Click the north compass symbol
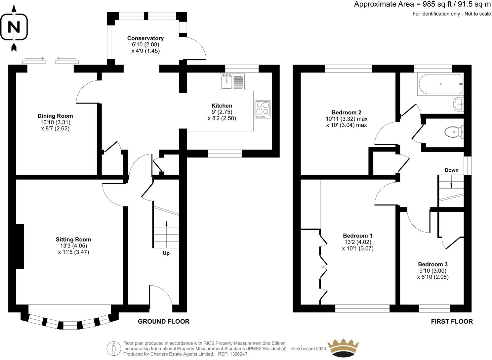tap(14, 27)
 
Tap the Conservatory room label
tap(145, 38)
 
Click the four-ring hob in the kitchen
tap(263, 110)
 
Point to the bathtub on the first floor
tap(440, 84)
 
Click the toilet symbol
tap(454, 132)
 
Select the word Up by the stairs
tap(166, 253)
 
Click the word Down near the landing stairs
tap(451, 170)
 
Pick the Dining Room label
tap(55, 116)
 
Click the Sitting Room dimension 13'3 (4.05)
tap(73, 246)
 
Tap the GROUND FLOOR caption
tap(163, 321)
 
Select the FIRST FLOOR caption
tap(452, 321)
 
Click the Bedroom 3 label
tap(433, 264)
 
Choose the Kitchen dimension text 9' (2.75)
tap(222, 112)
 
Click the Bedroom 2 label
tap(347, 112)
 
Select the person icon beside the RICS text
tap(114, 348)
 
